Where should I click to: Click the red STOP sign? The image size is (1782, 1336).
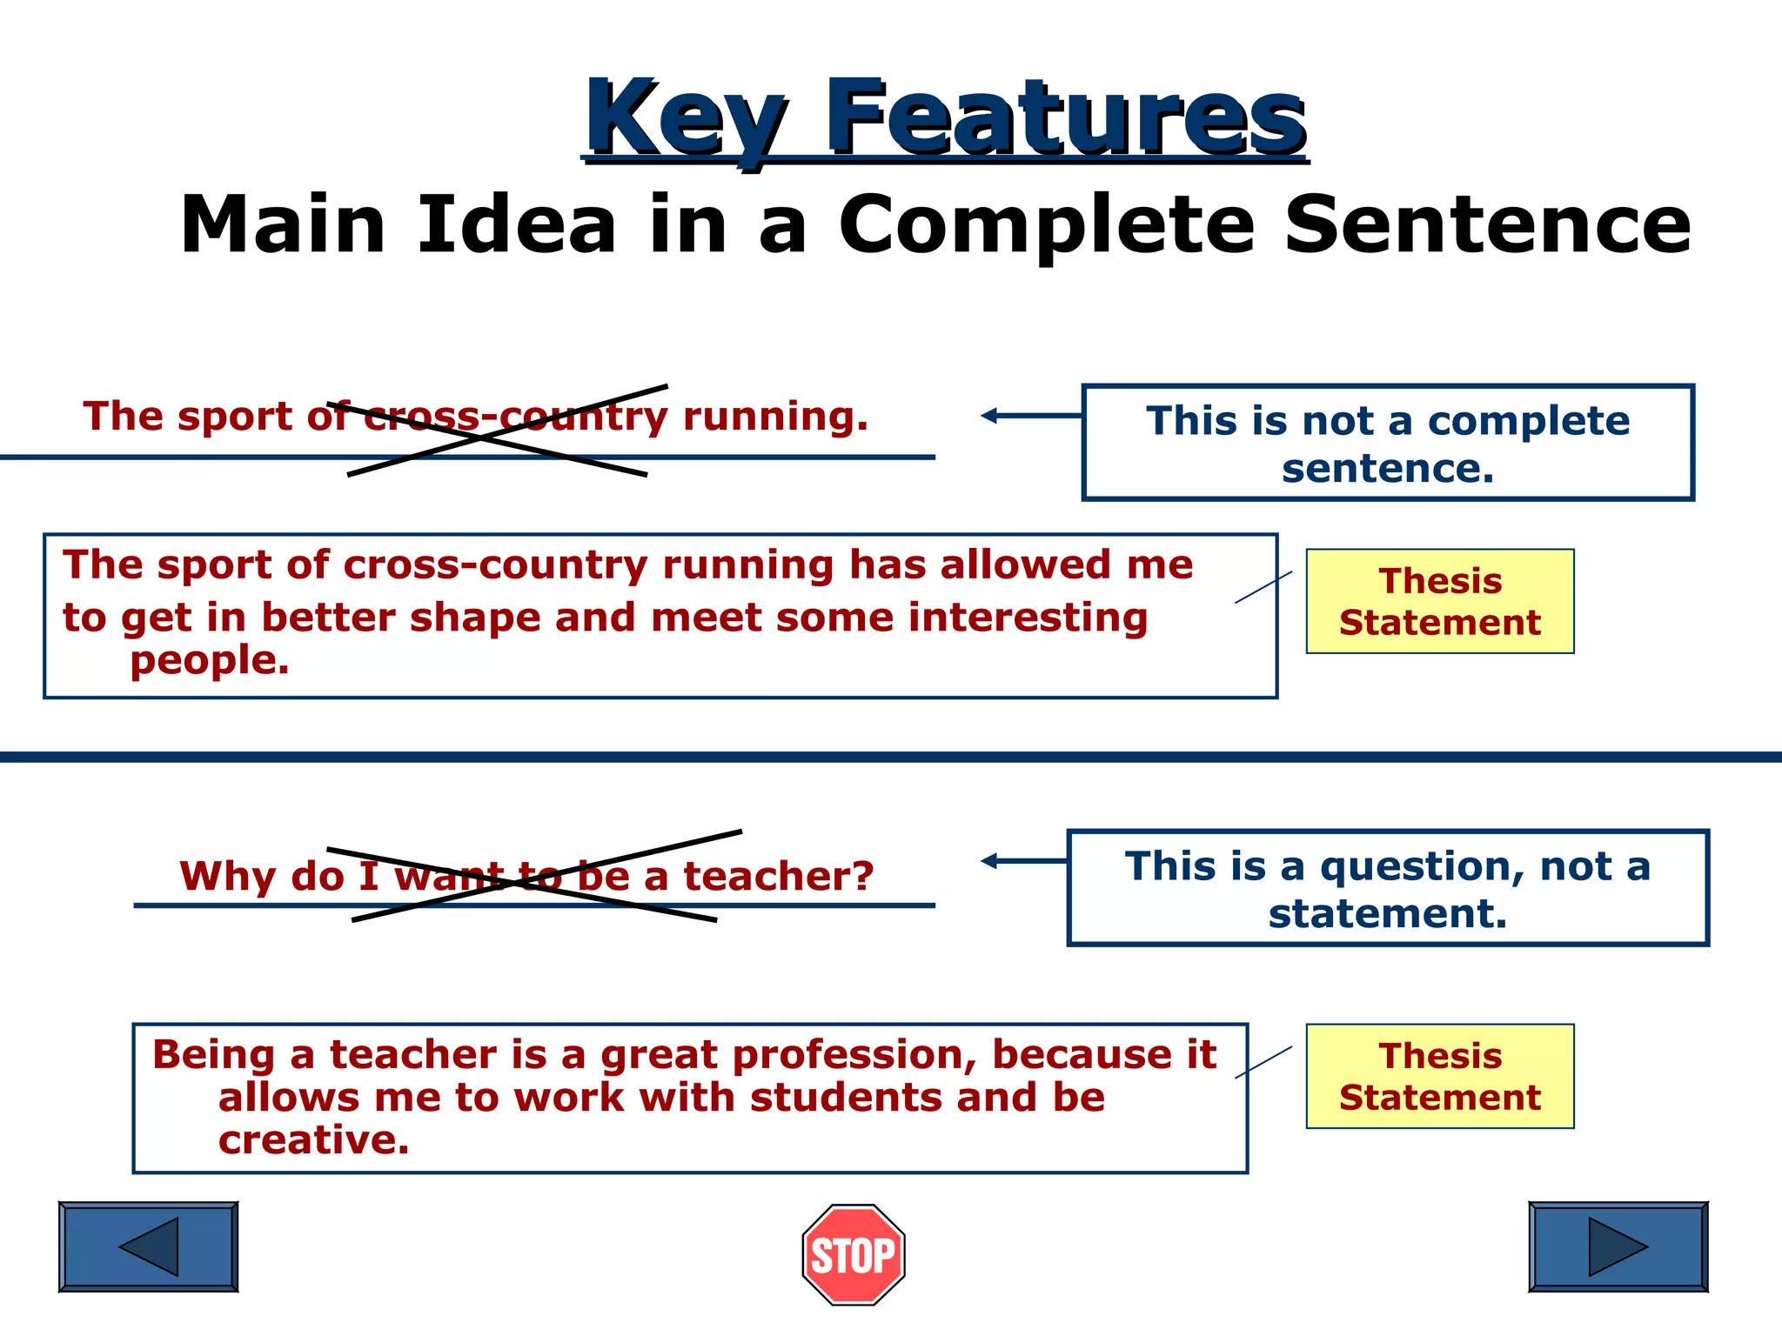tap(854, 1254)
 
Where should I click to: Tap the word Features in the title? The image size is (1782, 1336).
tap(1065, 117)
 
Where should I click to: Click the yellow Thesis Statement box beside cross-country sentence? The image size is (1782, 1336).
tap(1439, 601)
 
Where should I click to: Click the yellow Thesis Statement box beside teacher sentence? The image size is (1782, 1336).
tap(1439, 1076)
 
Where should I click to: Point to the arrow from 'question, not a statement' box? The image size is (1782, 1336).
tap(1022, 861)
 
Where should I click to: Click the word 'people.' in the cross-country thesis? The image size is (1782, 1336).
tap(209, 660)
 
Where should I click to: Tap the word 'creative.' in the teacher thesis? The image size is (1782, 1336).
tap(313, 1139)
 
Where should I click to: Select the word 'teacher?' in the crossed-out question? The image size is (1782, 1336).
tap(778, 876)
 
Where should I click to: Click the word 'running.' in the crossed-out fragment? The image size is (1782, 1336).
tap(775, 417)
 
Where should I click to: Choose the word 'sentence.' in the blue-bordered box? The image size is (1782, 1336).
tap(1387, 469)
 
